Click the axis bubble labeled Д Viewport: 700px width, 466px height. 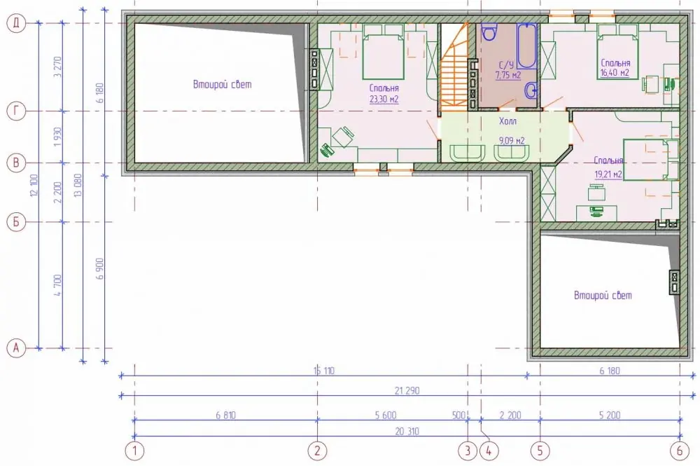pos(16,23)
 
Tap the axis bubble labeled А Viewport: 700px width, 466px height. pos(16,348)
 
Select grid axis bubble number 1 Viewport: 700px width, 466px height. pos(134,451)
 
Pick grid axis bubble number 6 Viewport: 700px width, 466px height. pos(680,451)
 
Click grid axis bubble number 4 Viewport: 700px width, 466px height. pos(489,451)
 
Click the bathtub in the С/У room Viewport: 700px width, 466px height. pos(527,46)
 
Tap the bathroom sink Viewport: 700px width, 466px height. pos(531,90)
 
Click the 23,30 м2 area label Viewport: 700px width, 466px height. pos(384,100)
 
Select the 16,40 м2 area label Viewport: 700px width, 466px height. pos(615,73)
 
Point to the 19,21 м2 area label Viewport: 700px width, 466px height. pos(608,174)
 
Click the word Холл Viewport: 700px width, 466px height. pos(507,121)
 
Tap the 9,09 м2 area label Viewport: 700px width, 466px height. pos(512,141)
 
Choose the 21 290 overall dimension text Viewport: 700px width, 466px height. pos(407,390)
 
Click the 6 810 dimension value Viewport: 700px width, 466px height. pos(225,415)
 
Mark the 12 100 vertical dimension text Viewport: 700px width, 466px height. pos(35,186)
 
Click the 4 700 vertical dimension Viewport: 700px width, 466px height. pos(58,285)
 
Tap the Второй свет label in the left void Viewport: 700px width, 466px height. pos(223,85)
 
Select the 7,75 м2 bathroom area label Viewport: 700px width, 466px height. pos(508,75)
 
